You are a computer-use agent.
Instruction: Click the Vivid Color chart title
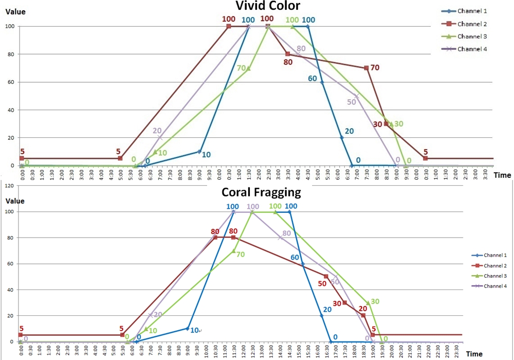267,6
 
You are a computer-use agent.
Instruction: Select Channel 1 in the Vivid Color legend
471,11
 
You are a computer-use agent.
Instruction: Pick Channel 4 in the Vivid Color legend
471,49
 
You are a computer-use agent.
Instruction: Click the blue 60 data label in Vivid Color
312,79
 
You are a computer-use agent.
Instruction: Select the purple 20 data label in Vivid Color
157,131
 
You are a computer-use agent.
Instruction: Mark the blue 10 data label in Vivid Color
206,154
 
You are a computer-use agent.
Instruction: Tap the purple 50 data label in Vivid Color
352,102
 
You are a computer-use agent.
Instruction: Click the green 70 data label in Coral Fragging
241,254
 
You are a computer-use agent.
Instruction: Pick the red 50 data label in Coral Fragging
322,283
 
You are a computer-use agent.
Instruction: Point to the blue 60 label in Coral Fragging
295,257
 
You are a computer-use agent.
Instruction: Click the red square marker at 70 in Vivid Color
366,68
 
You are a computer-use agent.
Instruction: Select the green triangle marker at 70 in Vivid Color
248,68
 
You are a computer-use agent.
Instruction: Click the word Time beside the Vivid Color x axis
502,175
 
